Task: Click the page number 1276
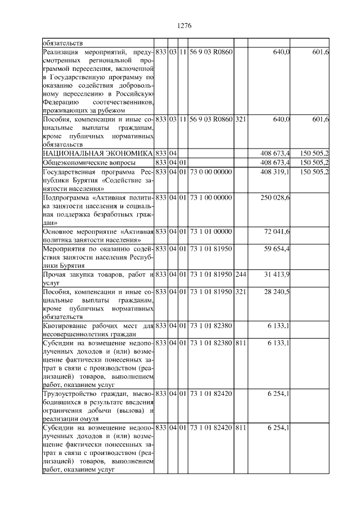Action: (x=184, y=25)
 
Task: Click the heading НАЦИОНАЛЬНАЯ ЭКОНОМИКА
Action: (x=97, y=153)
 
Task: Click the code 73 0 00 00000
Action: (x=210, y=172)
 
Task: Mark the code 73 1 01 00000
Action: (x=210, y=232)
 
